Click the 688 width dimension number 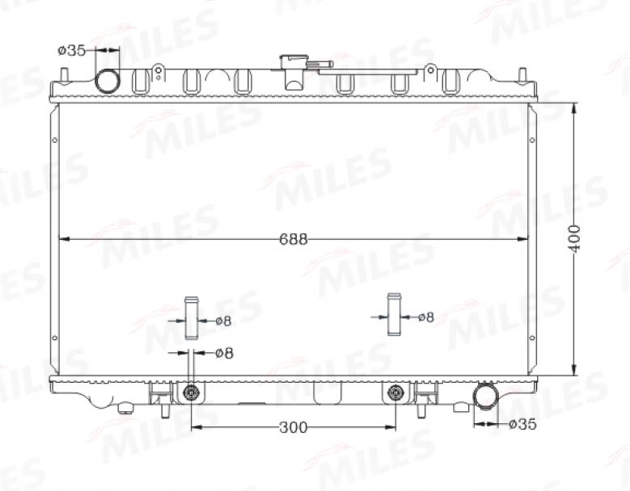[294, 239]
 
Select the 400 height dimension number [574, 239]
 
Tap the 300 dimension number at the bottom [292, 427]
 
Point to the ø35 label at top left [71, 50]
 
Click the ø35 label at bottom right [522, 423]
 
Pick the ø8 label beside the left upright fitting [223, 321]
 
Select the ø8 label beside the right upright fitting [425, 317]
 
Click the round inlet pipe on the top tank [107, 81]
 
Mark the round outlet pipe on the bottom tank [486, 397]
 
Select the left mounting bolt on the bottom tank [191, 393]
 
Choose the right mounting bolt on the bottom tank [395, 393]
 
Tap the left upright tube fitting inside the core [191, 318]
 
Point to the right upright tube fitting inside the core [395, 313]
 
